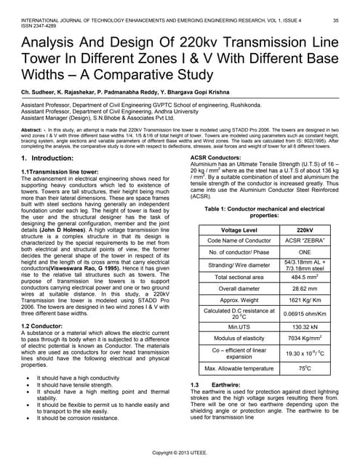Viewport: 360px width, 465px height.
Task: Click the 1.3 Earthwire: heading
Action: click(211, 384)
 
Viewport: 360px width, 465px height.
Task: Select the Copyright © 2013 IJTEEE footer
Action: click(179, 453)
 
